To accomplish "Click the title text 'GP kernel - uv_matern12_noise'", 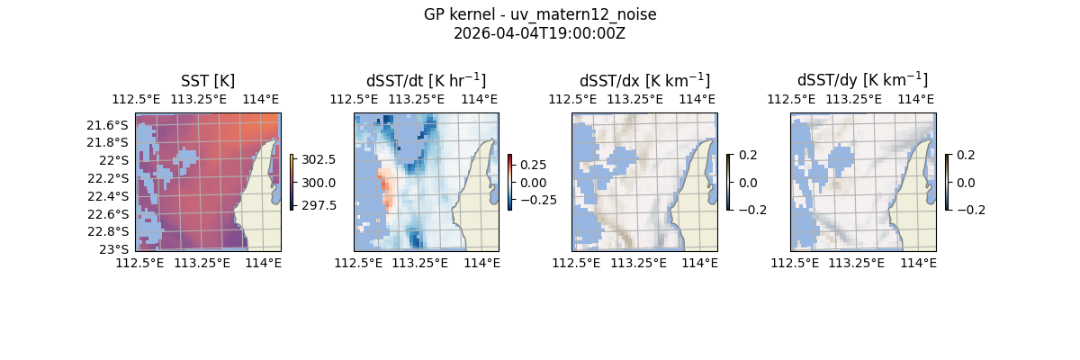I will coord(540,14).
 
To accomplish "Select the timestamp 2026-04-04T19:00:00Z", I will coord(540,33).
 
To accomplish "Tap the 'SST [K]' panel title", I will coord(208,81).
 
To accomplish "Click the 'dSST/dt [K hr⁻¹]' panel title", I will coord(426,81).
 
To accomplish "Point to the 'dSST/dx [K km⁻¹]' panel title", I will coord(644,81).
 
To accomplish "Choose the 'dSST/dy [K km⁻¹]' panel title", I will coord(862,81).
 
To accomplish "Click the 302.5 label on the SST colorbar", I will coord(320,159).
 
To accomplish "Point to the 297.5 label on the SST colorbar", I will coord(320,205).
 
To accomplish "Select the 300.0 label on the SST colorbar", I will coord(320,183).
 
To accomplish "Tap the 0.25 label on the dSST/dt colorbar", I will coord(533,165).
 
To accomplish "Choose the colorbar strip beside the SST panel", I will coord(292,182).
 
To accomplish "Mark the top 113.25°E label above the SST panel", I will coord(199,99).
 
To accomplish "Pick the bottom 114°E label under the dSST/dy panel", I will coord(918,262).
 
